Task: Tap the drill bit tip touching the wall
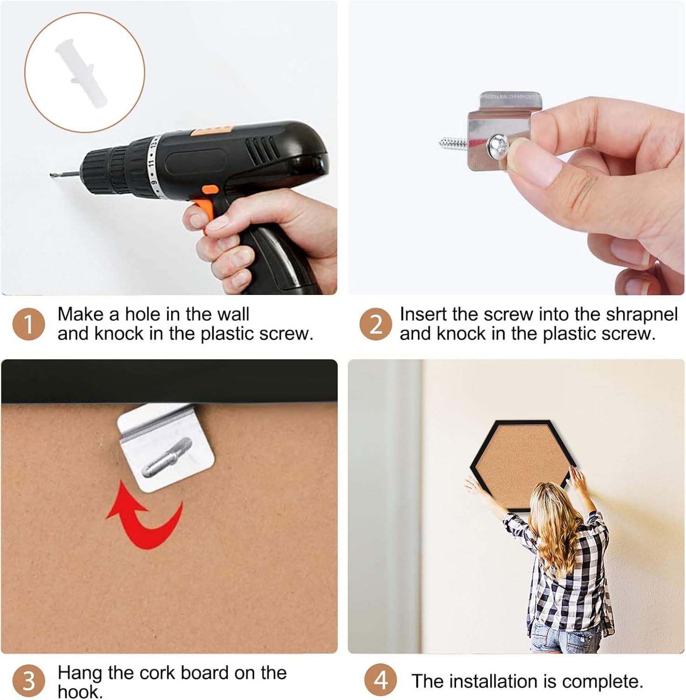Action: pos(51,175)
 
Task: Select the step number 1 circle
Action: pos(28,324)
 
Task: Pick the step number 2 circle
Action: pos(376,324)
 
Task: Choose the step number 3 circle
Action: pos(28,680)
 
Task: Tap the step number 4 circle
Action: pos(381,680)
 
